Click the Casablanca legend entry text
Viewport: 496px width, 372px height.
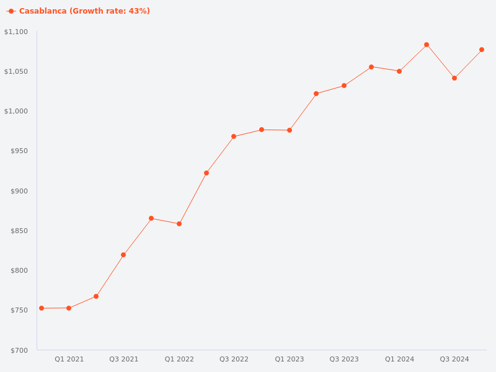84,11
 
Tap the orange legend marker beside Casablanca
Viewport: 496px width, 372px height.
11,11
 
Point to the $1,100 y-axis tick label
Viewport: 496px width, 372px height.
16,32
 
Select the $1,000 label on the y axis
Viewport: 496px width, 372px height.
16,111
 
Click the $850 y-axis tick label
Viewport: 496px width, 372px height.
19,231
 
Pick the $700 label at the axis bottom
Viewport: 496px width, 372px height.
19,350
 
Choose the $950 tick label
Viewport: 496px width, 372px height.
19,151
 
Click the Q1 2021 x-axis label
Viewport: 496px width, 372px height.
69,359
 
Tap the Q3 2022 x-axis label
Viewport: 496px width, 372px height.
234,359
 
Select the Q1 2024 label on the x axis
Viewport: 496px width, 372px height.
399,359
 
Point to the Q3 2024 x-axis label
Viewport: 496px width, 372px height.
454,359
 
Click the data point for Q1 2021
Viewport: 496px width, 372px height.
69,308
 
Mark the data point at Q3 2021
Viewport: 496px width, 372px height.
123,255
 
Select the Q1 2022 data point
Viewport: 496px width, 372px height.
179,224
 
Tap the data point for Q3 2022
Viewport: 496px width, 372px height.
234,136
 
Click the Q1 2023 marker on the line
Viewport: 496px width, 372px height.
290,130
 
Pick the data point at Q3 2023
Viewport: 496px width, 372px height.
344,86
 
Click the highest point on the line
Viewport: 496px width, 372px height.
427,45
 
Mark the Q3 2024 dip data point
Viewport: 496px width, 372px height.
454,78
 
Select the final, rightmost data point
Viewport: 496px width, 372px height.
482,50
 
